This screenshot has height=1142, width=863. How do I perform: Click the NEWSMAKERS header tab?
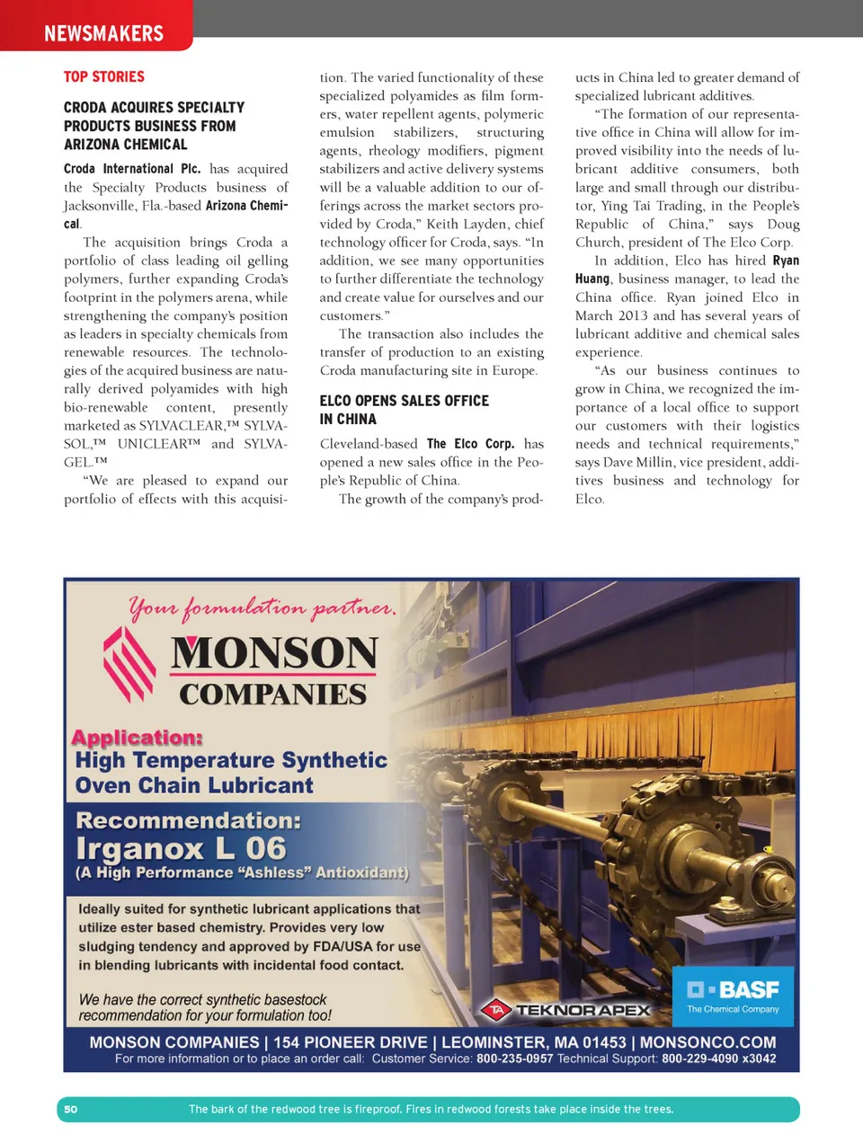tap(103, 33)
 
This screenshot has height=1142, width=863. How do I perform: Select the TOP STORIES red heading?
tap(103, 77)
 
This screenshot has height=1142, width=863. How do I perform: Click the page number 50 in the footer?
tap(71, 1109)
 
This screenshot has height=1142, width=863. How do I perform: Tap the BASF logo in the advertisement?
tap(734, 996)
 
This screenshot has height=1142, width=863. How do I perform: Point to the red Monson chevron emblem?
tap(129, 664)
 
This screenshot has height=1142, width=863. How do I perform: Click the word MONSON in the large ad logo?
tap(274, 652)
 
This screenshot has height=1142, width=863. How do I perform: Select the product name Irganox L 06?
tap(181, 848)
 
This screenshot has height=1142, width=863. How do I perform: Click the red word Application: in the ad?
tap(137, 738)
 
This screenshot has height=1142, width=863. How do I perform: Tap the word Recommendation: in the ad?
tap(188, 820)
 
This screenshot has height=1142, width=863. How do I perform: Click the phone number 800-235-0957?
tap(514, 1058)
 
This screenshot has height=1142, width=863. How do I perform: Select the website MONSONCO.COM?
tap(707, 1042)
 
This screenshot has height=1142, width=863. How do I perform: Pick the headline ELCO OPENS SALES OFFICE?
tap(404, 401)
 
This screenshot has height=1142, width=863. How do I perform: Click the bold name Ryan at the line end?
tap(786, 261)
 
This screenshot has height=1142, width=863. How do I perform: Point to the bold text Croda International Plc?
tap(132, 169)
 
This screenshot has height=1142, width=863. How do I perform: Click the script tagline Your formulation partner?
tap(262, 608)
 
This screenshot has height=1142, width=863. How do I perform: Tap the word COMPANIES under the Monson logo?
tap(272, 694)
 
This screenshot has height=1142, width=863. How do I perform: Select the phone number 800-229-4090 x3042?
tap(718, 1058)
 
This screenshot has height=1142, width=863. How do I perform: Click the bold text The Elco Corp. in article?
tap(470, 444)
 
